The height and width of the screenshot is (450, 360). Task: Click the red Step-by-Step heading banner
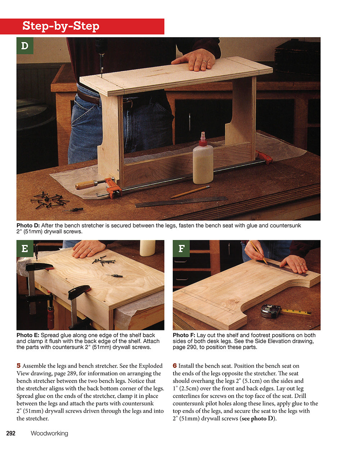coord(82,26)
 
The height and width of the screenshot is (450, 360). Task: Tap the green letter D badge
coord(25,46)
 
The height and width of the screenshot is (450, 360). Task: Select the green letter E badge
coord(25,249)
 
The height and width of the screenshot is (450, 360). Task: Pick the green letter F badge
coord(181,249)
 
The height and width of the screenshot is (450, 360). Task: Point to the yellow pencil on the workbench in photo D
coord(190,192)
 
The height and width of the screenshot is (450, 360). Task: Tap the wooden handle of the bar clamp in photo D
coord(86,185)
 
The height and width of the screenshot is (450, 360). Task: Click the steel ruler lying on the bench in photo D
coord(181,202)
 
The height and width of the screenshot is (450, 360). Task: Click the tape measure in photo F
coord(271,311)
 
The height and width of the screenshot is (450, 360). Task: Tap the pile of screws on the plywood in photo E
coord(103,260)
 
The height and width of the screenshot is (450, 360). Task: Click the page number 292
coord(11,433)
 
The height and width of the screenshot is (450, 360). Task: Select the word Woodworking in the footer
coord(49,433)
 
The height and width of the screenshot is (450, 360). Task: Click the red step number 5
coord(18,366)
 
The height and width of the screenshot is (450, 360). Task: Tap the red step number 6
coord(175,366)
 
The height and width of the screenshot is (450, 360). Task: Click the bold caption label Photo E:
coord(28,335)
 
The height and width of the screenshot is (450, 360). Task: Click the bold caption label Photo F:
coord(184,335)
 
